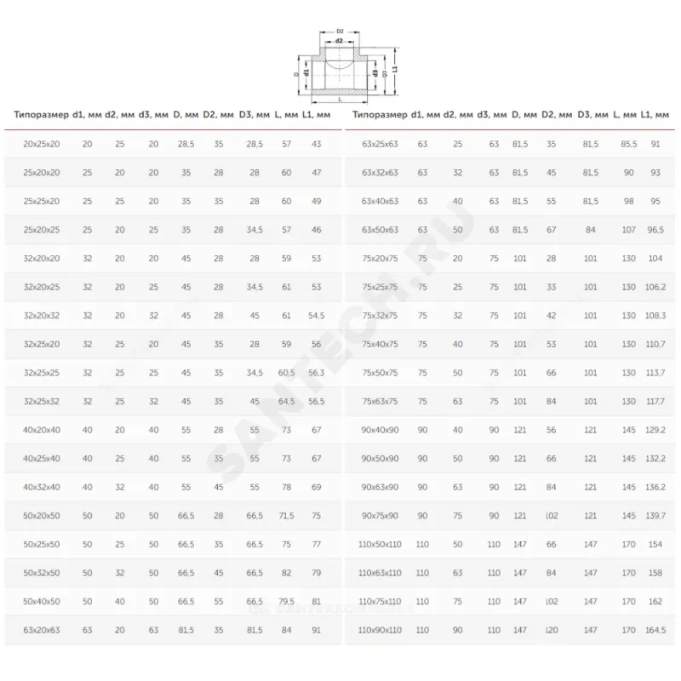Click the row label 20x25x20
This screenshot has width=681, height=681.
pyautogui.click(x=42, y=145)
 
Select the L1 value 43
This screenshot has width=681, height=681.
pyautogui.click(x=317, y=145)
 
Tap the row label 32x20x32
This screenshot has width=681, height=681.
pyautogui.click(x=42, y=316)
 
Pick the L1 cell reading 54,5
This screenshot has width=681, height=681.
pyautogui.click(x=317, y=316)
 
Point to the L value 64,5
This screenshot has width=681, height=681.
pyautogui.click(x=286, y=402)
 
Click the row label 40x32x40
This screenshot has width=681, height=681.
pyautogui.click(x=42, y=487)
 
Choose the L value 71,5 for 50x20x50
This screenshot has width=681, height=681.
pyautogui.click(x=286, y=516)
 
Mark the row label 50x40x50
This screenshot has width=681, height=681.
pyautogui.click(x=42, y=602)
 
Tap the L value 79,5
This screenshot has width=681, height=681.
pyautogui.click(x=286, y=602)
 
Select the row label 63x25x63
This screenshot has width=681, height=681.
pyautogui.click(x=381, y=145)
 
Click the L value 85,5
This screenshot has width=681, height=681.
pyautogui.click(x=628, y=145)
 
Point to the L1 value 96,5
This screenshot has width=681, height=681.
pyautogui.click(x=655, y=230)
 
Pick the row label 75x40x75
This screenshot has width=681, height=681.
pyautogui.click(x=381, y=344)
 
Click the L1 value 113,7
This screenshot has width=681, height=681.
pyautogui.click(x=655, y=373)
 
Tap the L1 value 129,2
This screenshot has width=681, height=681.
pyautogui.click(x=655, y=430)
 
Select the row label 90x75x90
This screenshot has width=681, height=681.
pyautogui.click(x=381, y=516)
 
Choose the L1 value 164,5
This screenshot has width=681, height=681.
pyautogui.click(x=655, y=630)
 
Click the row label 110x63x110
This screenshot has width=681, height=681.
pyautogui.click(x=381, y=573)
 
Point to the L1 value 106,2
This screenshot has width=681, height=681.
pyautogui.click(x=655, y=287)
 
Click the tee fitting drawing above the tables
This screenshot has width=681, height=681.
pyautogui.click(x=340, y=68)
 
